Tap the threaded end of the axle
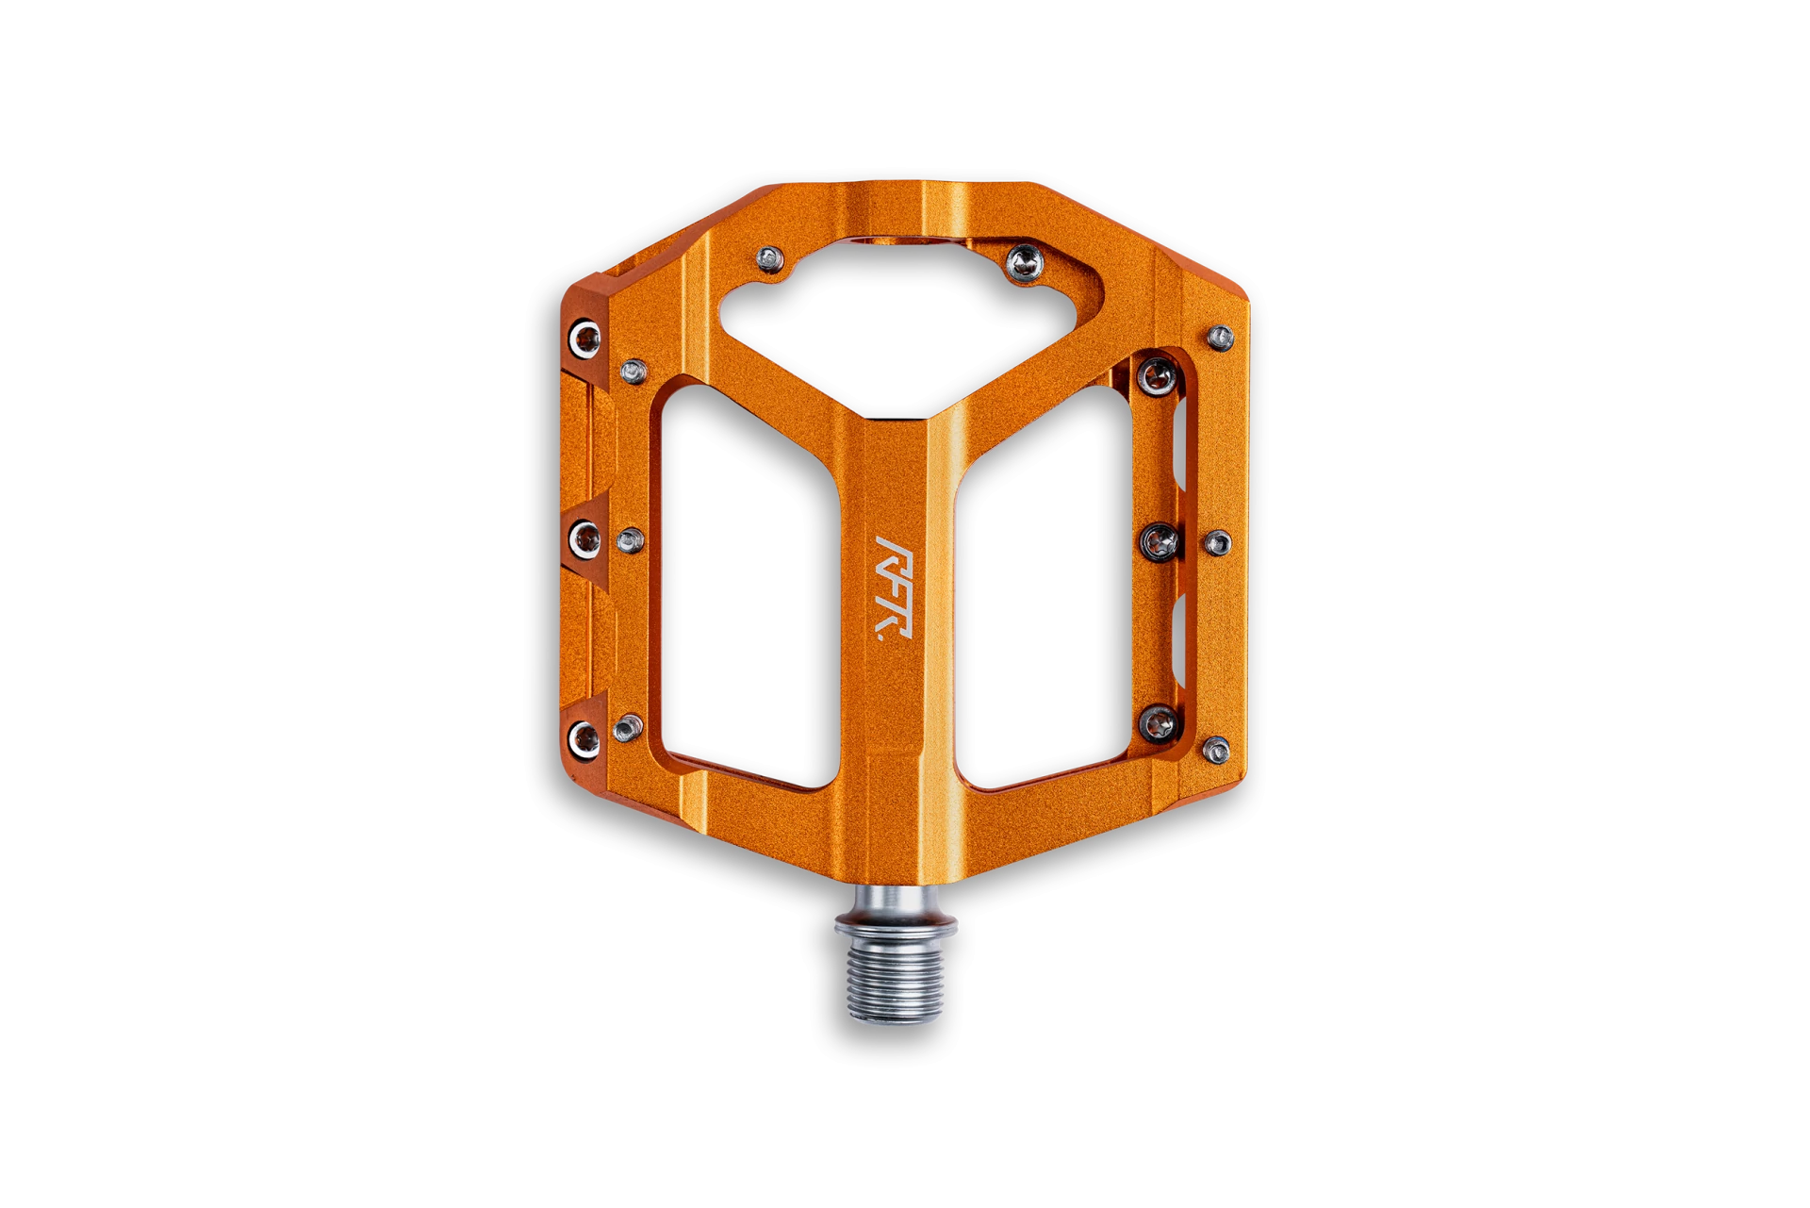pos(895,981)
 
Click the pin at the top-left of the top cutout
pos(771,258)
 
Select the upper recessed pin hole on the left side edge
pos(585,338)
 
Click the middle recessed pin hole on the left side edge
pos(585,538)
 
